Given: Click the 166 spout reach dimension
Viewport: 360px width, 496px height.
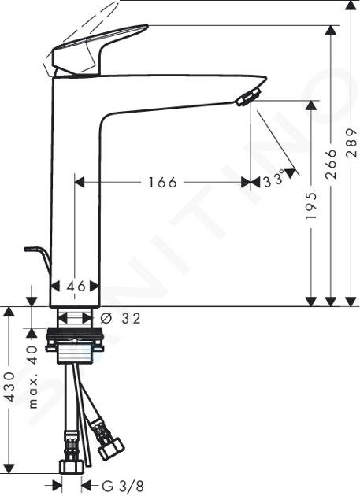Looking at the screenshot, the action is coord(162,183).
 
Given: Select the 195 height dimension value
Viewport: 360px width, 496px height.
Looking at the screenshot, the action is coord(311,205).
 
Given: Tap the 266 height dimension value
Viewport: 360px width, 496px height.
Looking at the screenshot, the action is coord(331,165).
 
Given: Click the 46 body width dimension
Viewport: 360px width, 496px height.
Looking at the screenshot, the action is coord(76,287).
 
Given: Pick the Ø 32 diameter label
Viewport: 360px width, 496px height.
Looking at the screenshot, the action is coord(121,319).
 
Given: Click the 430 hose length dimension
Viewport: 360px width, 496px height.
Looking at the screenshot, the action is coord(10,387).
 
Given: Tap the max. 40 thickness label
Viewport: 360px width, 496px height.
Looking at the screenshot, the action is coord(33,377).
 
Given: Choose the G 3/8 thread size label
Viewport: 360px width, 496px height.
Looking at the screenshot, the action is coord(123,486).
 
